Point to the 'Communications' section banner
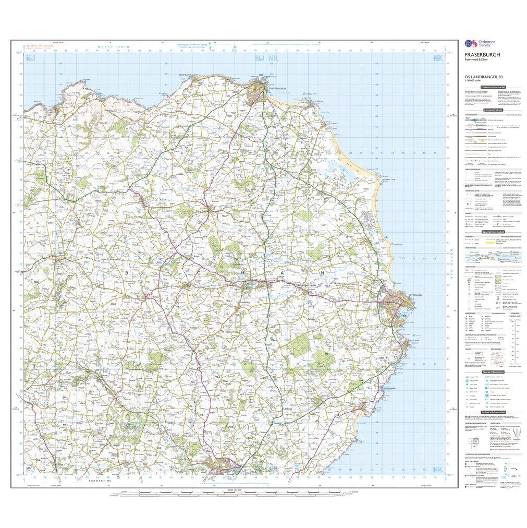point(493,110)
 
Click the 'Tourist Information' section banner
point(493,372)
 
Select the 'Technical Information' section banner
point(493,412)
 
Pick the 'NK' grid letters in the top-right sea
point(437,59)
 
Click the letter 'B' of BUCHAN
point(126,273)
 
